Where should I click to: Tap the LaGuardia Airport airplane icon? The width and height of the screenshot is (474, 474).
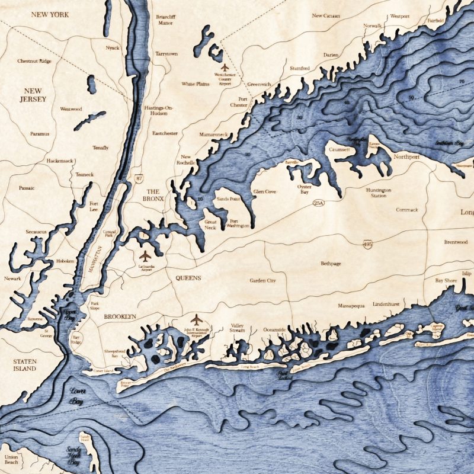[x=145, y=256]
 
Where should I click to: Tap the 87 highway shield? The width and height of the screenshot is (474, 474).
[x=139, y=178]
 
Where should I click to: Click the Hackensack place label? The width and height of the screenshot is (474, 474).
[x=60, y=161]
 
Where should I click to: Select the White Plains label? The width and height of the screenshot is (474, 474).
[x=196, y=84]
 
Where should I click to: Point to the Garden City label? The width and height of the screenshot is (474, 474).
[x=262, y=280]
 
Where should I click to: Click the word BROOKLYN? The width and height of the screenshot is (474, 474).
[x=120, y=317]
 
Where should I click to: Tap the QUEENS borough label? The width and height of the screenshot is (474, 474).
[x=188, y=277]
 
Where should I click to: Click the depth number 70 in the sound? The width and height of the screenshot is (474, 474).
[x=461, y=81]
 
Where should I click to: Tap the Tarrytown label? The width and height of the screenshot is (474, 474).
[x=166, y=54]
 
